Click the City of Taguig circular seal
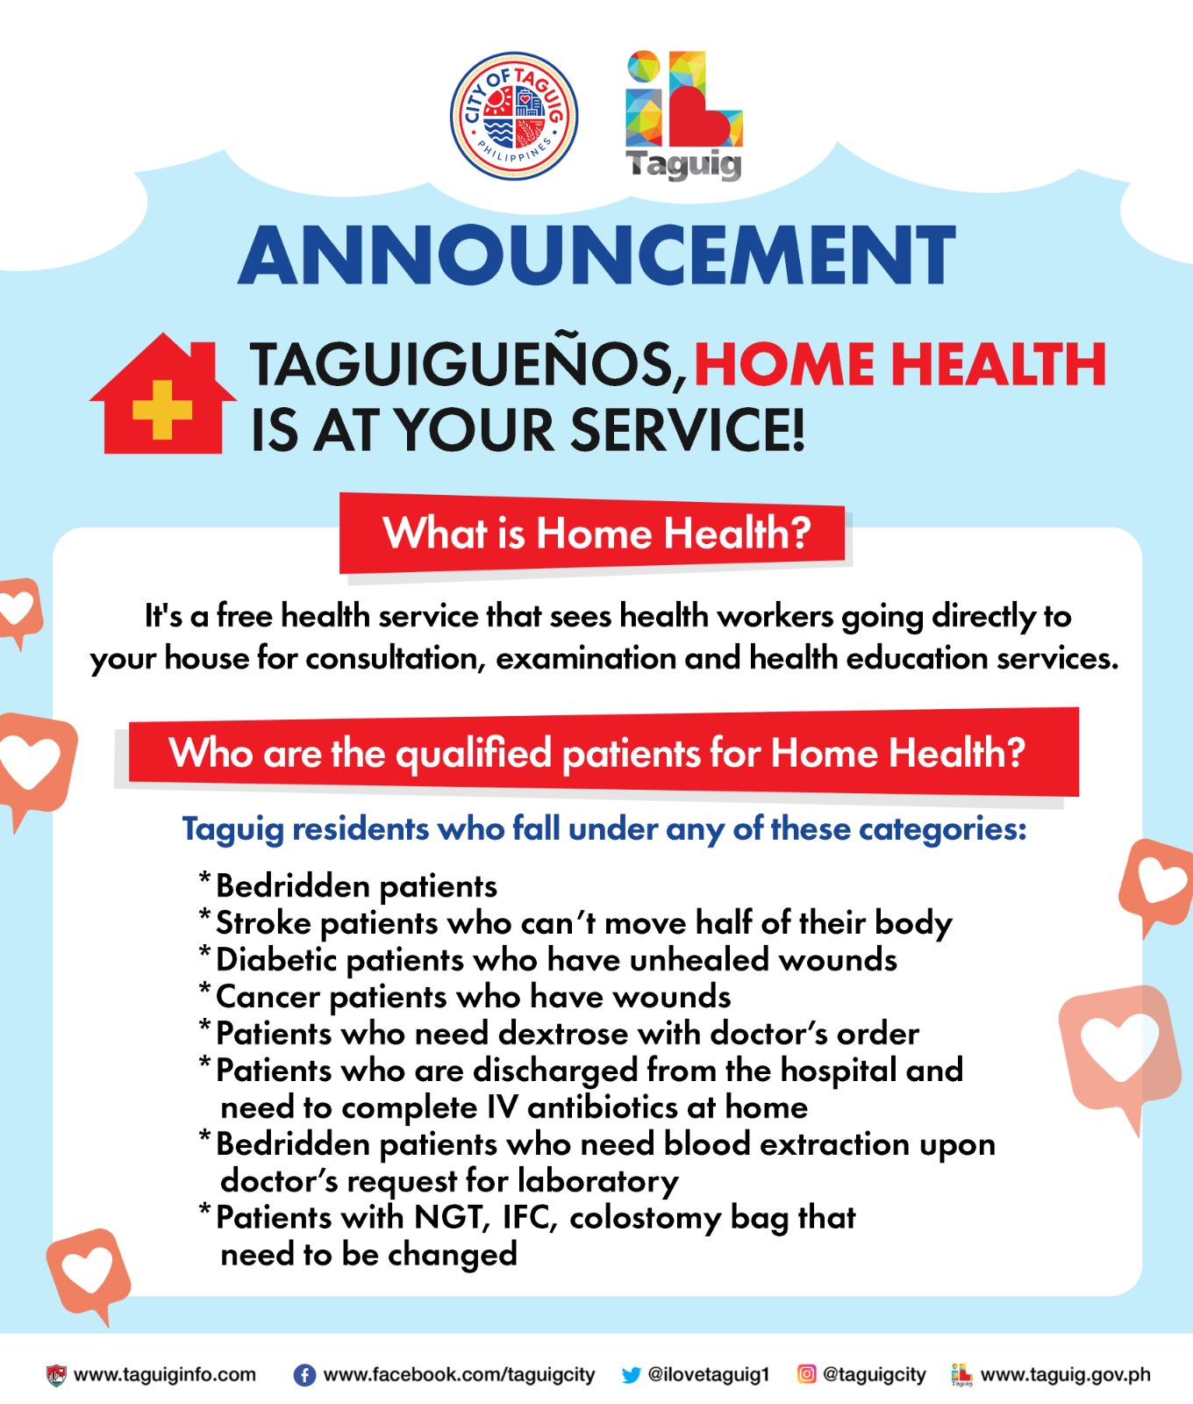tap(513, 116)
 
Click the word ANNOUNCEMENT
tap(596, 254)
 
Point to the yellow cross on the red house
tap(162, 408)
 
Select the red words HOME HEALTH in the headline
tap(900, 364)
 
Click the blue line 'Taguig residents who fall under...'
tap(604, 829)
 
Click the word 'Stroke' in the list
tap(263, 923)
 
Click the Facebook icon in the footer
tap(304, 1375)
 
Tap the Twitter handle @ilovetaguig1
tap(708, 1375)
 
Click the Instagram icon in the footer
tap(806, 1374)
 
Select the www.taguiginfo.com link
tap(165, 1375)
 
